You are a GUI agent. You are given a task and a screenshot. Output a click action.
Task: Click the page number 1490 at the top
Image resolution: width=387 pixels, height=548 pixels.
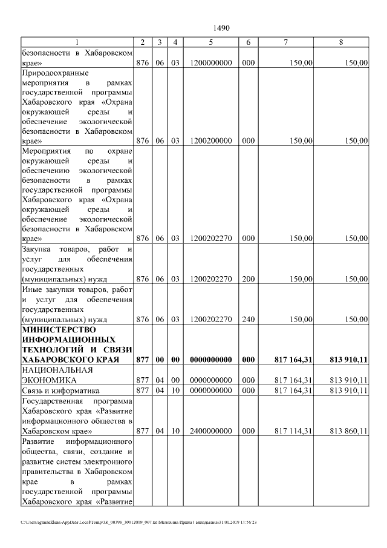click(222, 28)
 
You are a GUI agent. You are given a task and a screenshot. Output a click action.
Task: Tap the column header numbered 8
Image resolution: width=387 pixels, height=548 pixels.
click(341, 42)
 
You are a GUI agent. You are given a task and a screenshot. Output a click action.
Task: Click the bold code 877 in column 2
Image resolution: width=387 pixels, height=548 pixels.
click(143, 359)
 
